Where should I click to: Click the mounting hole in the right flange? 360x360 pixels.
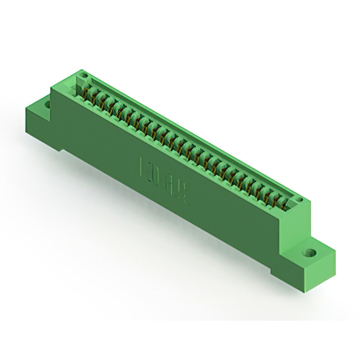click(x=308, y=253)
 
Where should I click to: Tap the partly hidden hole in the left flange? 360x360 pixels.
click(x=47, y=103)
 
